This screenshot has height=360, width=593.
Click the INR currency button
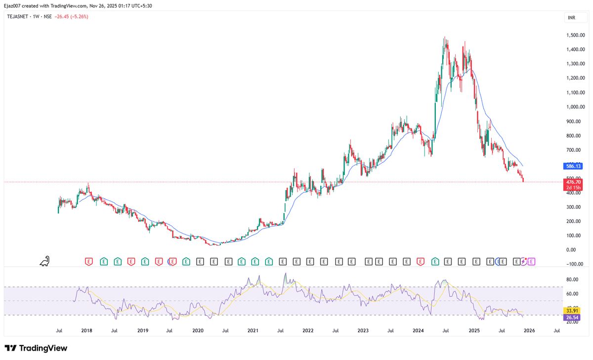pyautogui.click(x=572, y=18)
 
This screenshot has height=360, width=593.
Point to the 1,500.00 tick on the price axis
pyautogui.click(x=576, y=35)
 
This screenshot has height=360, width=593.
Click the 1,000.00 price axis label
pyautogui.click(x=576, y=107)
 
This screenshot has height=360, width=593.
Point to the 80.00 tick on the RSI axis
pyautogui.click(x=572, y=279)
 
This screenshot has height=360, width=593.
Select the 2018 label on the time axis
pyautogui.click(x=86, y=330)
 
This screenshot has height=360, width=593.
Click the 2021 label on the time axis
pyautogui.click(x=253, y=330)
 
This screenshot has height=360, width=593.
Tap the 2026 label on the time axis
pyautogui.click(x=529, y=330)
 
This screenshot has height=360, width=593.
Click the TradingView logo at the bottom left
pyautogui.click(x=36, y=348)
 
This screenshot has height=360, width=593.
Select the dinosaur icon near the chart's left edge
pyautogui.click(x=45, y=261)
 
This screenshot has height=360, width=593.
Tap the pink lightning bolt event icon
pyautogui.click(x=525, y=261)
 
